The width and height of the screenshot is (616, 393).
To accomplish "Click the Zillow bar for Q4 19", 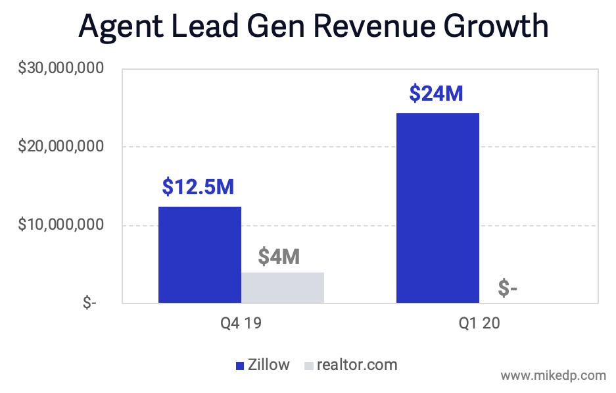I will (x=199, y=255).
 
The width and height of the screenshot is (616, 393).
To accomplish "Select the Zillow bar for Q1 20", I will (x=437, y=208).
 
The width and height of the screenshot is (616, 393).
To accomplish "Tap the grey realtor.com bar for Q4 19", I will (x=282, y=288).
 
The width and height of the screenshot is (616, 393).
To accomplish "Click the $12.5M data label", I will (x=198, y=187).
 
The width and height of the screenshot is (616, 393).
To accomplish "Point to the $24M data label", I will (x=436, y=93).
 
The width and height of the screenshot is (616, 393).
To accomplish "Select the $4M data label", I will (x=279, y=256).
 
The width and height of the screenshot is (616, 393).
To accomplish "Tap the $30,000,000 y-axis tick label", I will (x=62, y=68).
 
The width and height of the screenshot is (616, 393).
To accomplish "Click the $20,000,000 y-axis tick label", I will (x=62, y=146).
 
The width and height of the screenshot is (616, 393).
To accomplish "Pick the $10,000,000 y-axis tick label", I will (x=62, y=225).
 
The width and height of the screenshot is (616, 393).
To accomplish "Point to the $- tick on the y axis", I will (x=89, y=303).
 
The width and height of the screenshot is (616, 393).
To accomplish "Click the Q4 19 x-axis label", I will (x=241, y=325).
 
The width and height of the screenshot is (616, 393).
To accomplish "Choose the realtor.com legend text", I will (x=357, y=365).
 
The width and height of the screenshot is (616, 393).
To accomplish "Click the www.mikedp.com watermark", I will (x=553, y=376).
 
